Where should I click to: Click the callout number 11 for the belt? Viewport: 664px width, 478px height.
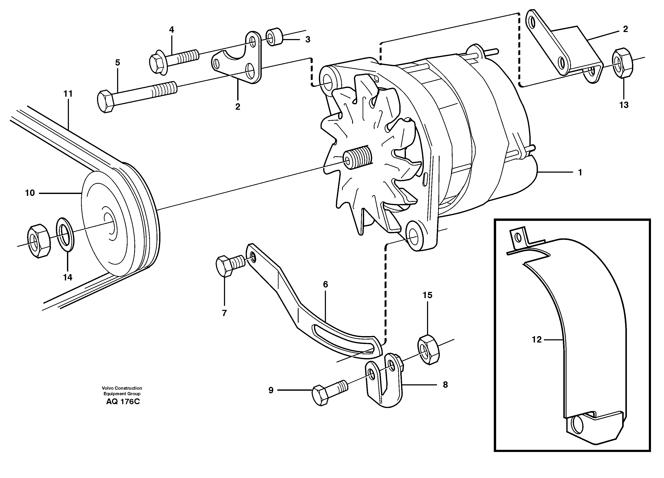68,94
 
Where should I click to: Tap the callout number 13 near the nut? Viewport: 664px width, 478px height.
624,105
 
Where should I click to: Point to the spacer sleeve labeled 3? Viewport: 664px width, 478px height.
274,37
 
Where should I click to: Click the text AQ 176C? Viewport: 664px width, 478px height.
123,402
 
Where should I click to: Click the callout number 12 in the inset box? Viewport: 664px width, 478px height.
537,340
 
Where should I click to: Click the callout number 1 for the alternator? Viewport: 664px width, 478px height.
580,172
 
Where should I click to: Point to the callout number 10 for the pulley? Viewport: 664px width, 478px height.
30,193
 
